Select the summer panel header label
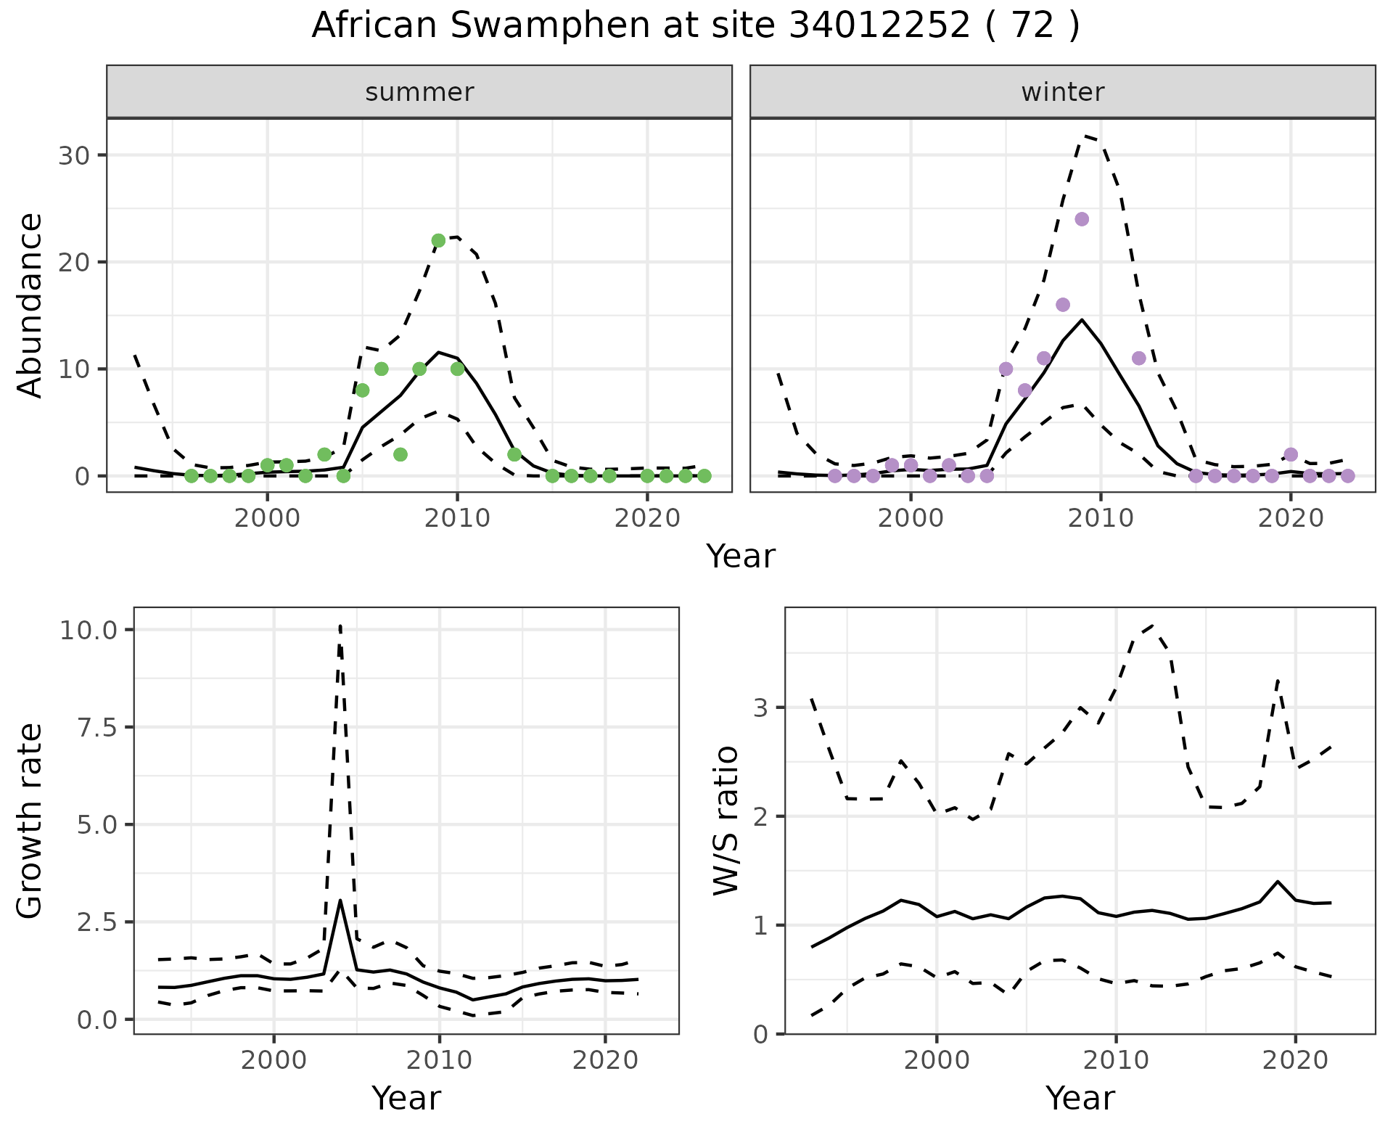pos(419,92)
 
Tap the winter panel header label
pos(1062,92)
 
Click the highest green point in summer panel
pos(438,241)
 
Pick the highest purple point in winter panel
pos(1082,219)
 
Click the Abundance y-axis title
pos(30,305)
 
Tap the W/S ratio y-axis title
pos(726,821)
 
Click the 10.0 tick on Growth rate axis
pos(88,630)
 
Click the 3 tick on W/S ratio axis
pos(760,707)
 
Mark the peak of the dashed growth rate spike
pos(340,626)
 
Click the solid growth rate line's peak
pos(340,901)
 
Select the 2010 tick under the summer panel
pos(457,520)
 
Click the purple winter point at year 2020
pos(1291,455)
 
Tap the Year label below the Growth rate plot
pos(406,1099)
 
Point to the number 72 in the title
pos(1032,26)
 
